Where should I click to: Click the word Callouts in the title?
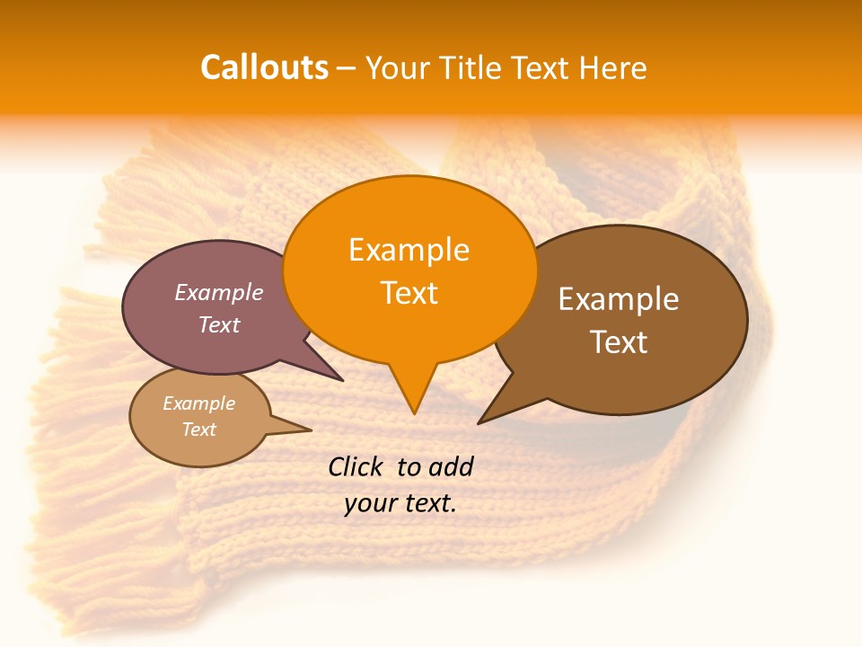click(264, 67)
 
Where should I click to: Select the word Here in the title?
click(612, 67)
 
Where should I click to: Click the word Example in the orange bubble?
click(409, 250)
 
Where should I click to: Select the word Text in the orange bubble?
click(409, 293)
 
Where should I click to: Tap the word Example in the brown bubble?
click(619, 299)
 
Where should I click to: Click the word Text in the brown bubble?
click(619, 341)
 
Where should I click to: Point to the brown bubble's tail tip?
click(479, 422)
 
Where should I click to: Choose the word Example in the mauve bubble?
click(219, 292)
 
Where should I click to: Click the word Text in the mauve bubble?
click(219, 324)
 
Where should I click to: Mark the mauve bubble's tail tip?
click(343, 380)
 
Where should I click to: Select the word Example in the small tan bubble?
click(198, 403)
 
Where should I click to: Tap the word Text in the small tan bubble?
click(198, 430)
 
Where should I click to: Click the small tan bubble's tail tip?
click(311, 430)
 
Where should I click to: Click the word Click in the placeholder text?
click(357, 466)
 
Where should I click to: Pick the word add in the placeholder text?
click(450, 466)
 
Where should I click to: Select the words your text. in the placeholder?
click(400, 503)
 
